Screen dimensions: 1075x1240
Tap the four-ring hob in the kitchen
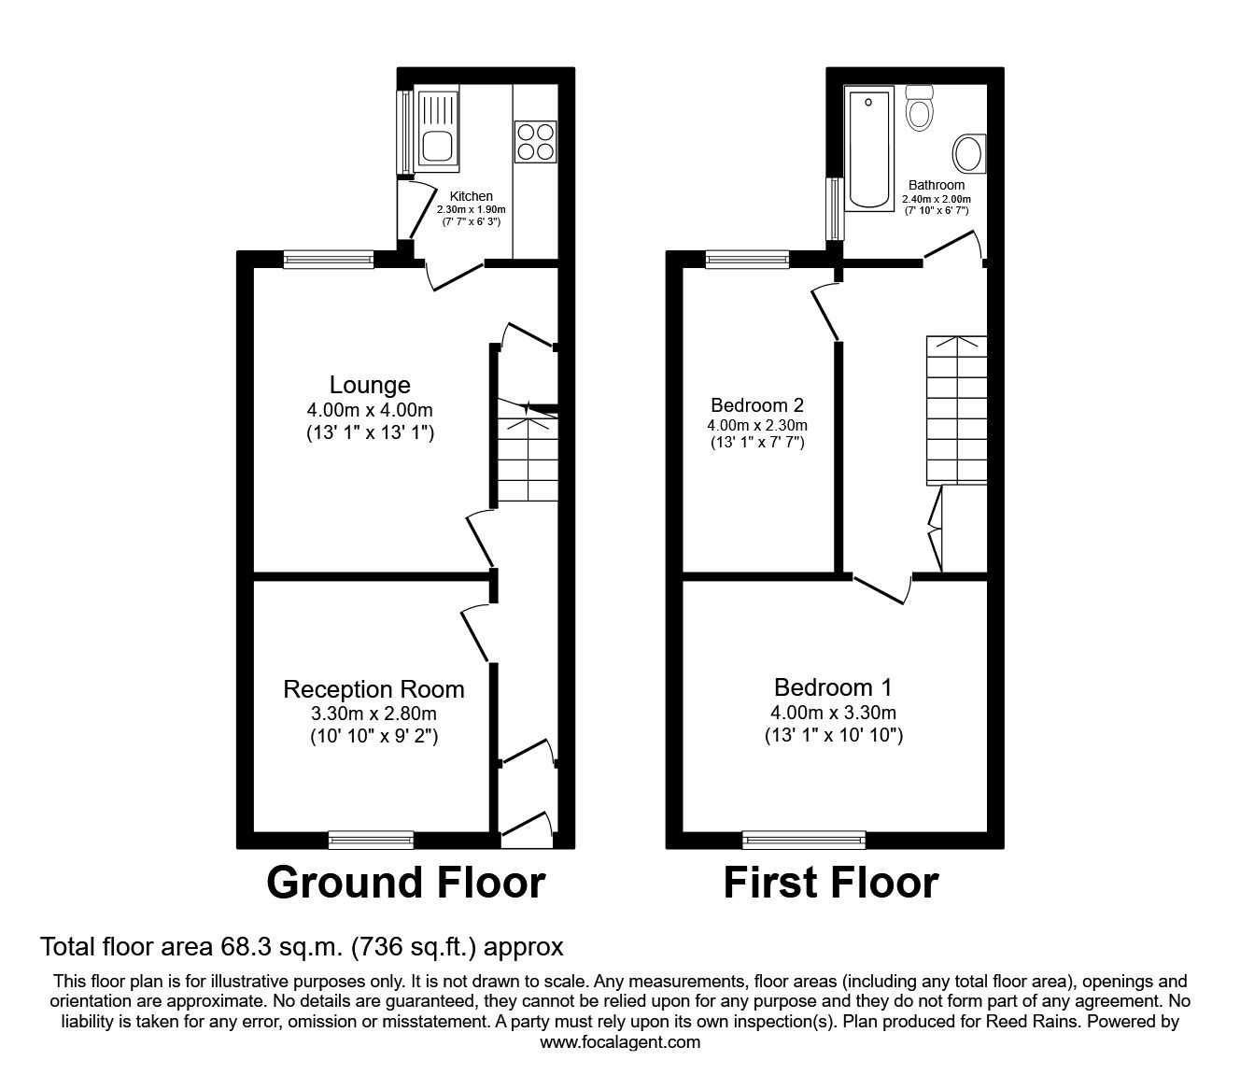point(535,142)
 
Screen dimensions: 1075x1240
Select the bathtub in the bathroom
point(868,149)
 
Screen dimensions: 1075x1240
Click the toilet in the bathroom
point(920,109)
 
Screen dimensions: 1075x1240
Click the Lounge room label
point(370,385)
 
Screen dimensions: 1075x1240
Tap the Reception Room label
point(373,689)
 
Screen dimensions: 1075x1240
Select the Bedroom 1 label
point(833,687)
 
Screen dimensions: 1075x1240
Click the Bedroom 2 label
point(757,405)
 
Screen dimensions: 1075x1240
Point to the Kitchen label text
point(472,196)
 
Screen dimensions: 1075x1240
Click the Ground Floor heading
point(406,883)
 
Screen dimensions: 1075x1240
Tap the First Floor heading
point(831,883)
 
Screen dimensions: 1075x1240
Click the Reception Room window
point(371,841)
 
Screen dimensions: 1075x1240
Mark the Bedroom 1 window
point(804,840)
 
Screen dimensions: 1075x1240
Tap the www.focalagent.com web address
point(620,1042)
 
